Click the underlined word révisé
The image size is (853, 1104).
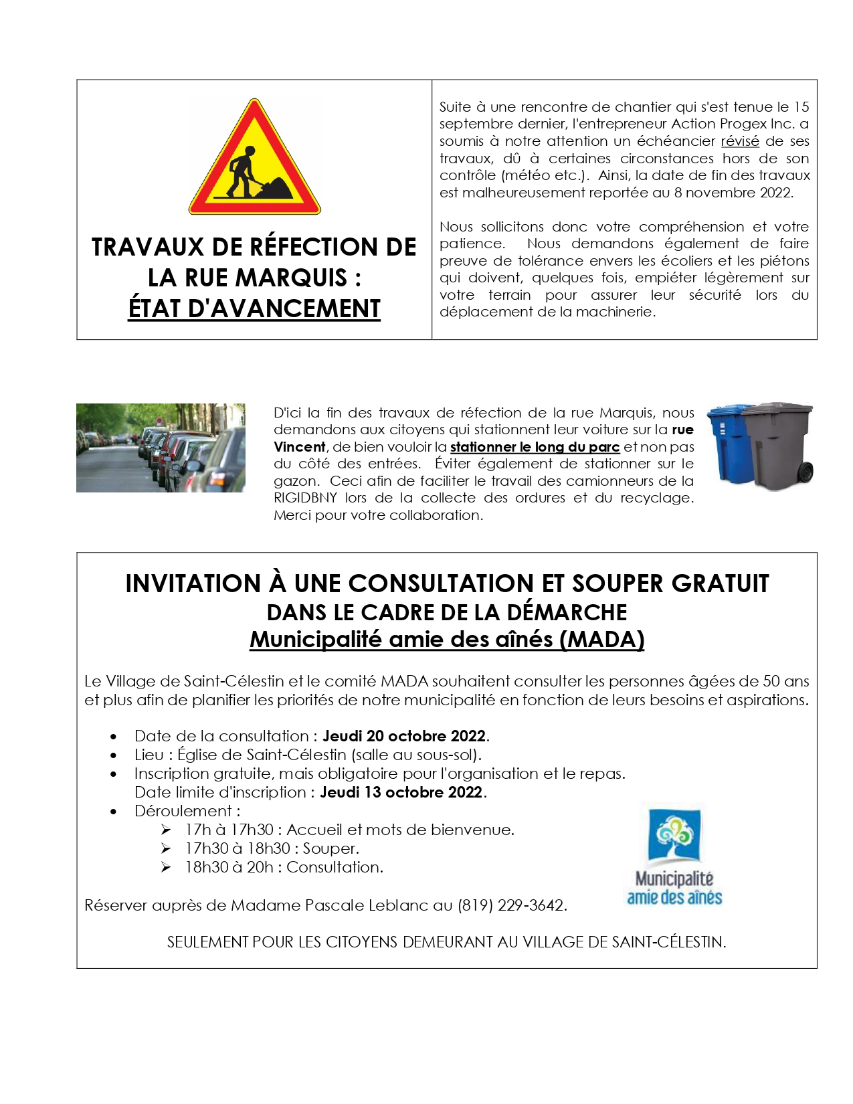pyautogui.click(x=739, y=141)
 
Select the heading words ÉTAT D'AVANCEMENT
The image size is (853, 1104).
pyautogui.click(x=254, y=308)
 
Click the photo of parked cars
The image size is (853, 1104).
pyautogui.click(x=161, y=448)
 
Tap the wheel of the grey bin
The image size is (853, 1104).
pyautogui.click(x=805, y=472)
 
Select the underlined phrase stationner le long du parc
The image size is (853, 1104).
pyautogui.click(x=535, y=447)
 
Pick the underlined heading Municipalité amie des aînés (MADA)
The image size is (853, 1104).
pyautogui.click(x=447, y=640)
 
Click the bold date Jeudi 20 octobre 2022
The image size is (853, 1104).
pyautogui.click(x=404, y=736)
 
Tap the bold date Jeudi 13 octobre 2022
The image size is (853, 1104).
pyautogui.click(x=401, y=792)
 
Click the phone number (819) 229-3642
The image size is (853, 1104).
pyautogui.click(x=512, y=905)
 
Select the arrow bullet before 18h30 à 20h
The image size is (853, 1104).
pyautogui.click(x=166, y=867)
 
